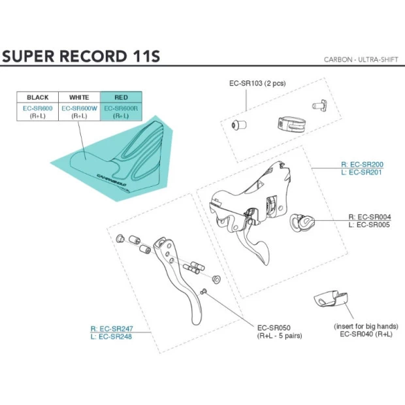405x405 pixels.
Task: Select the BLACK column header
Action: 38,97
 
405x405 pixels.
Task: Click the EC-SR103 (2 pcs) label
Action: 257,84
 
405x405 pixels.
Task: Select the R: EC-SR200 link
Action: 362,165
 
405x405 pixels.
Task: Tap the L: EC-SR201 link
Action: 362,172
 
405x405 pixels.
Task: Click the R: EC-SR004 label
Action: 369,217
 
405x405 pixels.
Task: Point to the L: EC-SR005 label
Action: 369,225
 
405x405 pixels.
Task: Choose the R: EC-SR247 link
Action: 112,329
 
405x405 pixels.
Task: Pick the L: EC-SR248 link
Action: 112,336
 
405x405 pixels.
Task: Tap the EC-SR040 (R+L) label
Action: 366,334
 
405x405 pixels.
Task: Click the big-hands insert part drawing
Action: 331,299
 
